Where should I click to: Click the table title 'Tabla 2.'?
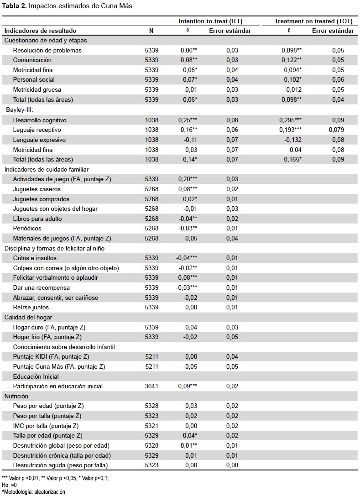pyautogui.click(x=14, y=6)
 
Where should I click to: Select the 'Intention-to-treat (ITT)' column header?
pyautogui.click(x=210, y=21)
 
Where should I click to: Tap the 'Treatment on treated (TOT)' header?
pyautogui.click(x=313, y=21)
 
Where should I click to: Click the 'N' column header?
pyautogui.click(x=151, y=31)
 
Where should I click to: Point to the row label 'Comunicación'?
pyautogui.click(x=32, y=60)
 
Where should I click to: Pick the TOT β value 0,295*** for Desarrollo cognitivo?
pyautogui.click(x=290, y=120)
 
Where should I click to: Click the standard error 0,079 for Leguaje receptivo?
pyautogui.click(x=336, y=130)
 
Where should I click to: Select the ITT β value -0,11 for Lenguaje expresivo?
pyautogui.click(x=190, y=140)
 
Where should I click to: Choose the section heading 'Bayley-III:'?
pyautogui.click(x=20, y=110)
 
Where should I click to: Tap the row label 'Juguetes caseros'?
pyautogui.click(x=37, y=189)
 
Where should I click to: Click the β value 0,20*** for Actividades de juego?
pyautogui.click(x=188, y=179)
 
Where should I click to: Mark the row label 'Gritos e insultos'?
pyautogui.click(x=35, y=258)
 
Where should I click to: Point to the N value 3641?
pyautogui.click(x=151, y=386)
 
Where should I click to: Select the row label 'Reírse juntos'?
pyautogui.click(x=31, y=307)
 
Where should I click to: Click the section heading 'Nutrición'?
pyautogui.click(x=16, y=397)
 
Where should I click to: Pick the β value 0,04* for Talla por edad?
pyautogui.click(x=190, y=436)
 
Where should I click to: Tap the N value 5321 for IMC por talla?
pyautogui.click(x=151, y=426)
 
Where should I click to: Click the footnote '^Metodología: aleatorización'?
pyautogui.click(x=33, y=492)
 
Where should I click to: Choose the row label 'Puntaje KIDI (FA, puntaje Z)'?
pyautogui.click(x=51, y=357)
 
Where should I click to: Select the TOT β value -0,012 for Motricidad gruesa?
pyautogui.click(x=293, y=89)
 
